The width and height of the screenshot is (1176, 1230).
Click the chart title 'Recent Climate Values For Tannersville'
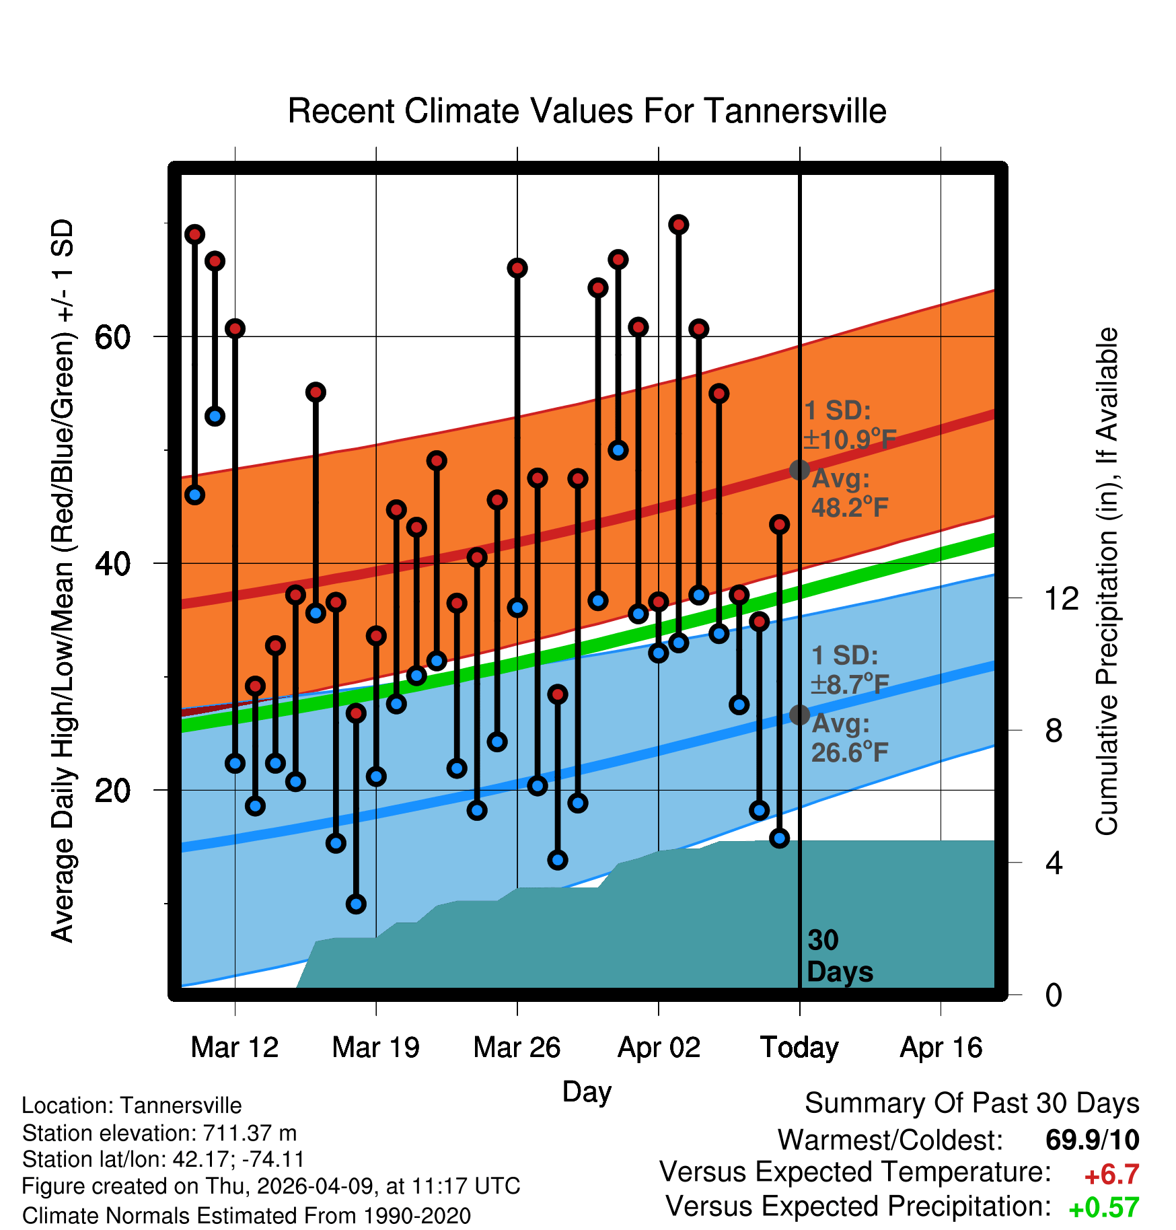click(587, 111)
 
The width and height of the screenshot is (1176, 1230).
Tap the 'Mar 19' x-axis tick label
click(375, 1048)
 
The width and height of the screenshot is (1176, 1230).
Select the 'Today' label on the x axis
click(799, 1048)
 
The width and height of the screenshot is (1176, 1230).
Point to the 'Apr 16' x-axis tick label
click(941, 1048)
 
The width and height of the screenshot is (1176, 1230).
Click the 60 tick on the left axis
click(112, 336)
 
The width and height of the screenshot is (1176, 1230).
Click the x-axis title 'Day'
click(587, 1092)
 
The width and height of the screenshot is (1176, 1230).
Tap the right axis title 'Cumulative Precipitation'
click(1107, 582)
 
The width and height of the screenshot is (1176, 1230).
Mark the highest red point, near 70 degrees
click(679, 224)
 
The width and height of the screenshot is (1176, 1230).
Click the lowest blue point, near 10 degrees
click(356, 904)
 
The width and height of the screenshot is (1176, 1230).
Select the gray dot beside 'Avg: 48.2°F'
click(799, 470)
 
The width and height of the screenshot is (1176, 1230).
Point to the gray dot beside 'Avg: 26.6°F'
click(799, 715)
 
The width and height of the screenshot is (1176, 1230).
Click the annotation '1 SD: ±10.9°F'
click(850, 425)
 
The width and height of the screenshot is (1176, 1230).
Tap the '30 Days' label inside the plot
click(840, 956)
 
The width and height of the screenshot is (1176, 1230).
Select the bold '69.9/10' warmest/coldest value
click(1093, 1140)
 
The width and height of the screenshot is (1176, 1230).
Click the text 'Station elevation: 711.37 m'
click(159, 1133)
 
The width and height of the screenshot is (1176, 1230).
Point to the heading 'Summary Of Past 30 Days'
click(972, 1104)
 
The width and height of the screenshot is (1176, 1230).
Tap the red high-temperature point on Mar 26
click(517, 268)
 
